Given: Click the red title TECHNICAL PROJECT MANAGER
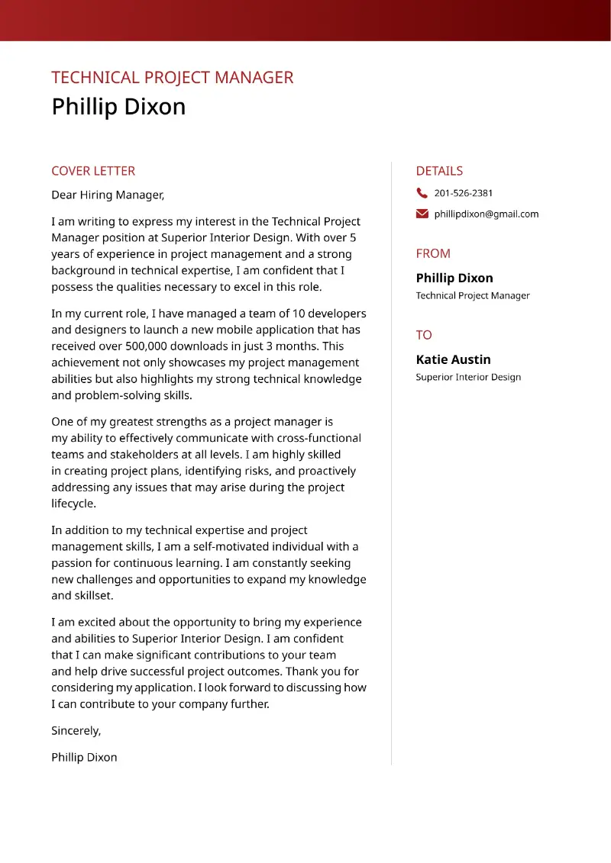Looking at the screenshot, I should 172,78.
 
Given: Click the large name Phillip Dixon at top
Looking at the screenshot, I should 118,107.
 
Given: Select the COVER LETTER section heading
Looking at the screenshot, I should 93,171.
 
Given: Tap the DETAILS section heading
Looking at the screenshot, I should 439,171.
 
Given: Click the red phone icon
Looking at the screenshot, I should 422,193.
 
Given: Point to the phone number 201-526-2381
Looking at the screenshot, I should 464,193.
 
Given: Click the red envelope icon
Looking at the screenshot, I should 422,214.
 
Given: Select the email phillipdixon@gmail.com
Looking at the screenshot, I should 487,214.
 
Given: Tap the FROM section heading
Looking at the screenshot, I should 433,253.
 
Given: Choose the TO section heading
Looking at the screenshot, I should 424,335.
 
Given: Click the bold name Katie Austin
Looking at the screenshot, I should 453,359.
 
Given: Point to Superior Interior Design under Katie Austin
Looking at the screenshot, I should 468,377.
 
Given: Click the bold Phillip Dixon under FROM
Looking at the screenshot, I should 454,278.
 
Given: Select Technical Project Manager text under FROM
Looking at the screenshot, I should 473,295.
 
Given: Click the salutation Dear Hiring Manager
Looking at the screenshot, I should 108,195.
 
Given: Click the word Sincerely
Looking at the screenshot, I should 76,731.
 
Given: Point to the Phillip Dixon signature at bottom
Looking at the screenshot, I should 84,758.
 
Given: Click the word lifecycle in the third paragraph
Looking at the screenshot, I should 73,504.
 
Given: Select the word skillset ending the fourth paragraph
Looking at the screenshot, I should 92,596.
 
